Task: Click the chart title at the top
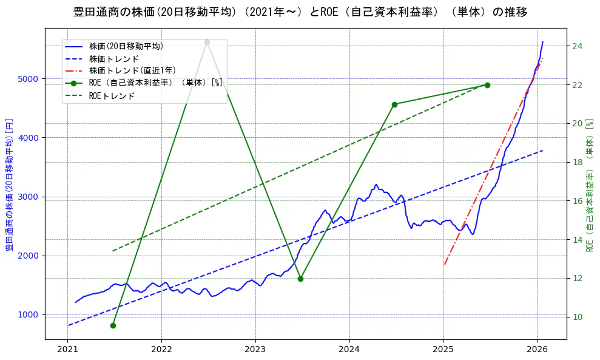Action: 300,12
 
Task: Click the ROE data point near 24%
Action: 207,42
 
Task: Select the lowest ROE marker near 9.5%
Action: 113,325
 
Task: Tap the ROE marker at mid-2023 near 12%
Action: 300,279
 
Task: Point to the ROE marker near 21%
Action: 394,104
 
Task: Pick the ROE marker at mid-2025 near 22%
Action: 487,85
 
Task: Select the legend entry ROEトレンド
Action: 112,96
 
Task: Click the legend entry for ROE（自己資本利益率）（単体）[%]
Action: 155,83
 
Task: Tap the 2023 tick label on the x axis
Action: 255,350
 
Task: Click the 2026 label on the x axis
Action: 537,350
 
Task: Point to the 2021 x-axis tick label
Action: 68,350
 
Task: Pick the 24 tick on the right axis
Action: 577,46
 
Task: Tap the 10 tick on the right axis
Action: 577,317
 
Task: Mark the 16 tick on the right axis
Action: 577,201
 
